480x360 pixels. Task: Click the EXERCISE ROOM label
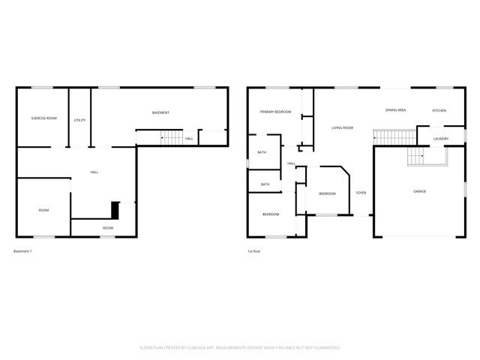[x=43, y=118]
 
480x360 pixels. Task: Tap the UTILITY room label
[x=79, y=120]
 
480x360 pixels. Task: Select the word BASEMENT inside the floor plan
[x=160, y=113]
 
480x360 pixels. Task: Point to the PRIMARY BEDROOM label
[x=275, y=112]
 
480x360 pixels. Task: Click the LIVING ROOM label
[x=343, y=128]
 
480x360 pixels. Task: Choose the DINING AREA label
[x=395, y=110]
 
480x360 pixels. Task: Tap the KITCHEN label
[x=439, y=110]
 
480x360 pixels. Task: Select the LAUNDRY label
[x=440, y=139]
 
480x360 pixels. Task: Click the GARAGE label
[x=419, y=191]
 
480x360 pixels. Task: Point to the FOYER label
[x=361, y=193]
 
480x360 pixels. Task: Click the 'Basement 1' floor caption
[x=23, y=250]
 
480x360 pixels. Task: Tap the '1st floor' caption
[x=255, y=250]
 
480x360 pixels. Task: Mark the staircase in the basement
[x=172, y=139]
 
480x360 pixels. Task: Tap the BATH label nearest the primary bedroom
[x=262, y=153]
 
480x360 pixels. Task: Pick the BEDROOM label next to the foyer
[x=327, y=193]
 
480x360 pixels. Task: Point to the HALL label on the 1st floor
[x=291, y=163]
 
